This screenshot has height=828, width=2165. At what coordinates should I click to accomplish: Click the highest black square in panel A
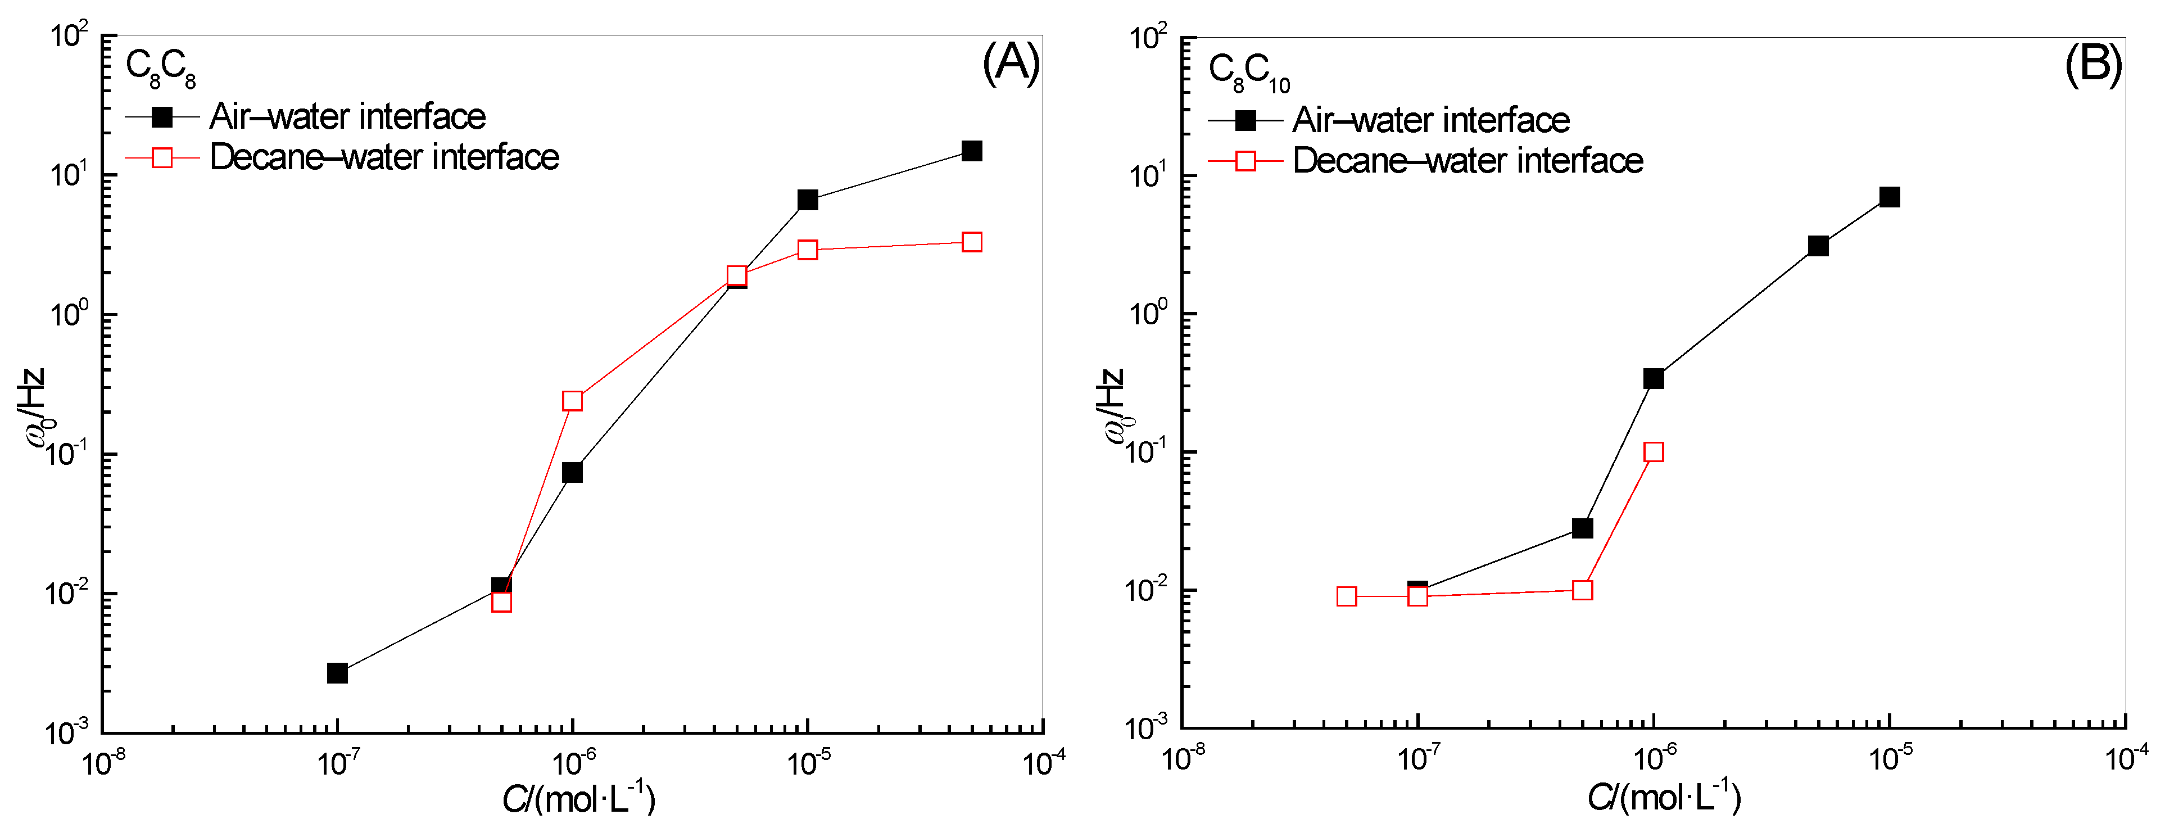click(972, 151)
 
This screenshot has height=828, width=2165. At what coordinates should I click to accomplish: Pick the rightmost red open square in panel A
click(972, 242)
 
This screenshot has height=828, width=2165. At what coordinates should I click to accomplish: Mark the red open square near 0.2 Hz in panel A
click(572, 401)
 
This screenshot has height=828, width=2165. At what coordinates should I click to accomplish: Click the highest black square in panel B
click(1890, 197)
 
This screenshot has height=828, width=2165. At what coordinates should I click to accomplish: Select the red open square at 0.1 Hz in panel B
click(1653, 453)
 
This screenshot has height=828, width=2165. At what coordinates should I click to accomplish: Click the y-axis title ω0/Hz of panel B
click(1111, 407)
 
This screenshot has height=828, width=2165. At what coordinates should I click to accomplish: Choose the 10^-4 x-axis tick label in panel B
click(2126, 758)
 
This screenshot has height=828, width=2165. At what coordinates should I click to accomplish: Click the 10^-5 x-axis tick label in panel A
click(808, 762)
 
